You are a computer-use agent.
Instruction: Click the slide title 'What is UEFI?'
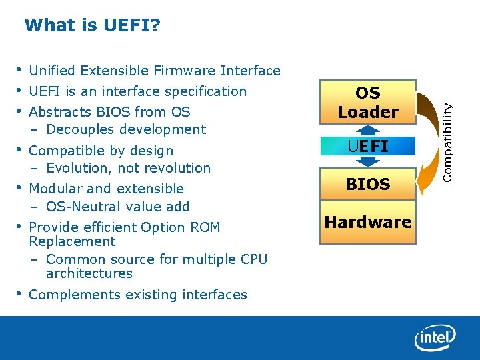point(92,26)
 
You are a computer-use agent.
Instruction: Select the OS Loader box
point(367,103)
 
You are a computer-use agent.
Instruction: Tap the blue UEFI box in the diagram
point(368,146)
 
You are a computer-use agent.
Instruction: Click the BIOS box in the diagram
point(368,184)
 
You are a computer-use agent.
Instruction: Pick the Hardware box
point(368,222)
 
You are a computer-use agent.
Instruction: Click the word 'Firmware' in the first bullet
point(185,71)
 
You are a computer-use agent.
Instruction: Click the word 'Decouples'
point(81,129)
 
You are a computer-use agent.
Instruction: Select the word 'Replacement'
point(72,241)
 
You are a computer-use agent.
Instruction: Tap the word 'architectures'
point(89,273)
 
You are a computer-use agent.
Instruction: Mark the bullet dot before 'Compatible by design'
point(20,149)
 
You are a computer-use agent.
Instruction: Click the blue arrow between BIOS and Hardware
point(368,203)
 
